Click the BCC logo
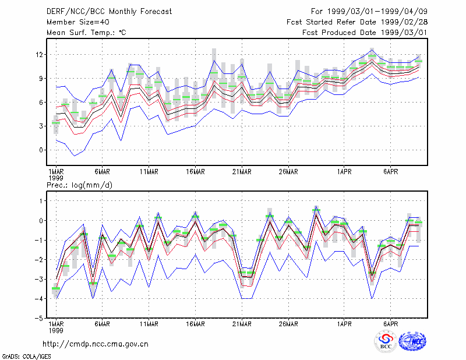point(386,341)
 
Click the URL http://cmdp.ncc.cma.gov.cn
point(96,344)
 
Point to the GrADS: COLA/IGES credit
point(26,357)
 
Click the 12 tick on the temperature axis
point(39,55)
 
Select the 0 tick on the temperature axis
point(41,150)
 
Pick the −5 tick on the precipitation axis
point(38,318)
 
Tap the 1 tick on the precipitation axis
point(41,201)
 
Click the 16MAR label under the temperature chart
point(195,172)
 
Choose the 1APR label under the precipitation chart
point(344,324)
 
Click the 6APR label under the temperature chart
point(390,172)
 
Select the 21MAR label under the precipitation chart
point(242,324)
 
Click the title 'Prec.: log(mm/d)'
point(79,185)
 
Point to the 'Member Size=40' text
point(78,22)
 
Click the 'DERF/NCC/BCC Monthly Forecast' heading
point(109,12)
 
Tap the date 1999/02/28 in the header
point(404,22)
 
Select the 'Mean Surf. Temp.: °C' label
point(86,33)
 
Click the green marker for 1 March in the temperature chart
point(56,123)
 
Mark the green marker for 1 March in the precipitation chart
point(56,288)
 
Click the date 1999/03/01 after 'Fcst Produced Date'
point(404,33)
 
